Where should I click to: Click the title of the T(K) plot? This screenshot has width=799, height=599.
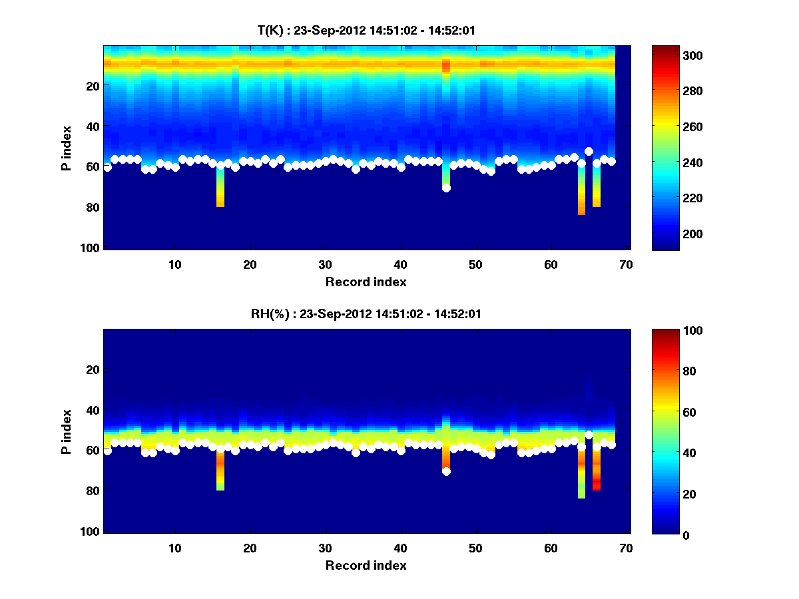click(366, 30)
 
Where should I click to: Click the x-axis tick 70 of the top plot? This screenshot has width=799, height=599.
click(626, 264)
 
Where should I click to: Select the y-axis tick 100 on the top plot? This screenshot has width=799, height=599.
click(92, 248)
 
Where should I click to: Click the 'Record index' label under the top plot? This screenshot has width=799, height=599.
click(366, 282)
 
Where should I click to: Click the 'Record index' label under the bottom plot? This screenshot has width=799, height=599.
click(366, 565)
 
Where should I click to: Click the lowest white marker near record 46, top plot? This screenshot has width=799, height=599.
click(446, 188)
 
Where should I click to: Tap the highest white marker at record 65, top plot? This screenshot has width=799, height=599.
click(589, 151)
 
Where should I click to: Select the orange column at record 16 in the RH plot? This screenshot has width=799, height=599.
click(220, 466)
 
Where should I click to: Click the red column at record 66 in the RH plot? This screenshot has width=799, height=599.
click(597, 483)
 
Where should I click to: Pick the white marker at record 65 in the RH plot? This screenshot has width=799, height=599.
click(589, 435)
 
